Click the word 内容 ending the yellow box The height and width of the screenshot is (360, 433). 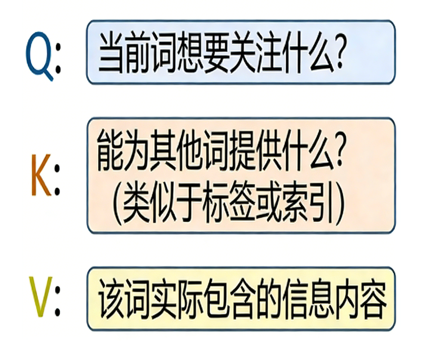pos(363,299)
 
